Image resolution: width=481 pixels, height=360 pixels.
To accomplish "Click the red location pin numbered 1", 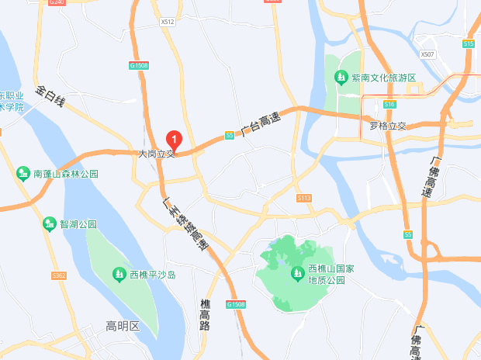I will (x=175, y=140).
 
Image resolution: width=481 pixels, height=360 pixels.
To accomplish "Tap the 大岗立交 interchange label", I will (x=157, y=154).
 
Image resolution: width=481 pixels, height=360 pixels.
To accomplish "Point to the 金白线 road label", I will (x=51, y=96).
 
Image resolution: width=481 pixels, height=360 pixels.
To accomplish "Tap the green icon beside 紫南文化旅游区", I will (x=341, y=77).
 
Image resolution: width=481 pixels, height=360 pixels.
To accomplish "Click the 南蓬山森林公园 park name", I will (x=66, y=174).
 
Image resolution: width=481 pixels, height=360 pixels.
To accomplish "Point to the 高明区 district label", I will (x=123, y=327).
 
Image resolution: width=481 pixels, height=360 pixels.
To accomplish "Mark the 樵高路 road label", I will (x=205, y=314).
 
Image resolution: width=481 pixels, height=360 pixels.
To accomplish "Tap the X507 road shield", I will (x=427, y=54).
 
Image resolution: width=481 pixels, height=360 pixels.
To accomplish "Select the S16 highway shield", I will (x=389, y=103).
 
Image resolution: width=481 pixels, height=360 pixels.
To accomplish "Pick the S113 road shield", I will (x=303, y=199).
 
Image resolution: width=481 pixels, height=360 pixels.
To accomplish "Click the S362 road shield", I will (x=58, y=275).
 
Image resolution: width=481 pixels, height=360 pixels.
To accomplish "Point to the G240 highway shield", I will (x=57, y=3).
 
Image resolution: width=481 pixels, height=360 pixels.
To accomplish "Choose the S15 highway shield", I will (x=469, y=44).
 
